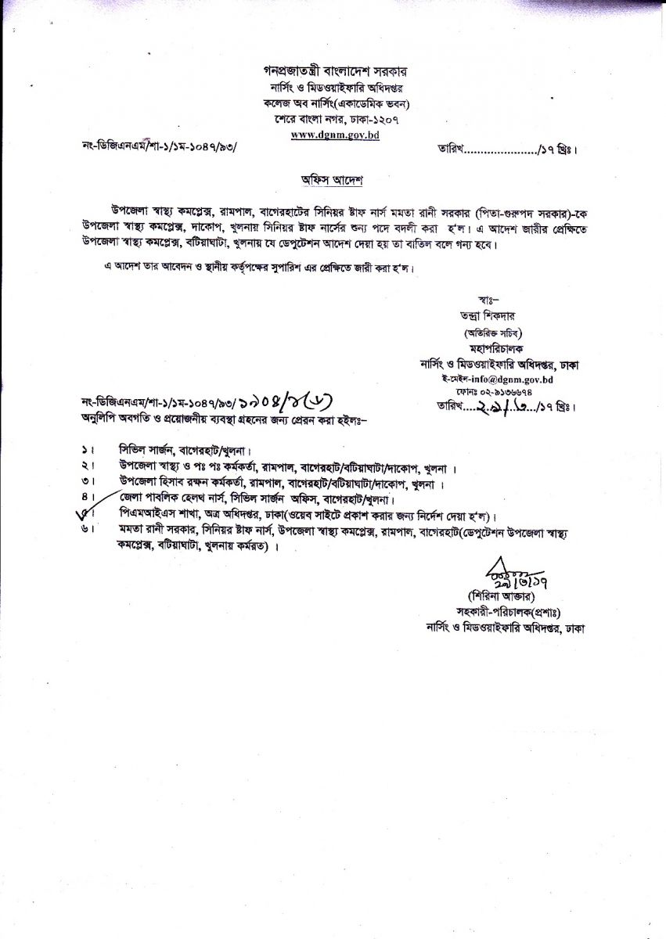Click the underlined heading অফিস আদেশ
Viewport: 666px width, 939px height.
[333, 180]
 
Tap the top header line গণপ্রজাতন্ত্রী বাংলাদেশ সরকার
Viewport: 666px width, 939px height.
[333, 69]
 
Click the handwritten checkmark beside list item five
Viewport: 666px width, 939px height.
[81, 513]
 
